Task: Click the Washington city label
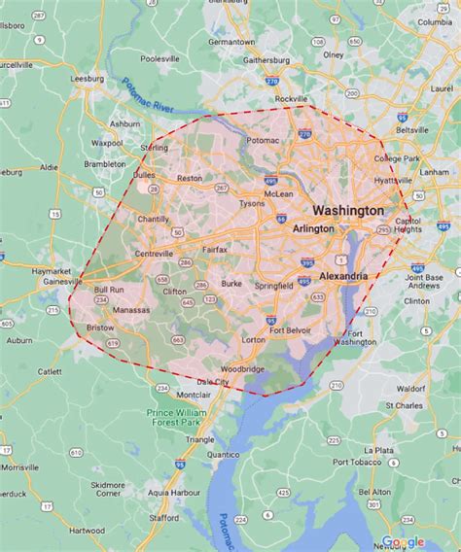click(347, 210)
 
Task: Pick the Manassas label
click(131, 310)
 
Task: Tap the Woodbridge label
click(241, 369)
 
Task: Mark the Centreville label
click(154, 254)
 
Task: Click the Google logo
click(403, 541)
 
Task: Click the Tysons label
click(252, 204)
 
